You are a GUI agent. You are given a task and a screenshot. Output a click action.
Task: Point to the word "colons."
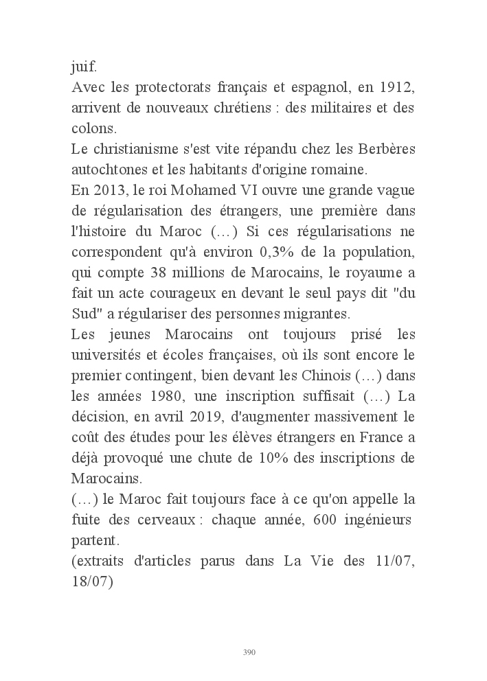pyautogui.click(x=94, y=129)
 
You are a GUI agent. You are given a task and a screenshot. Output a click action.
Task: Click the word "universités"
pyautogui.click(x=109, y=355)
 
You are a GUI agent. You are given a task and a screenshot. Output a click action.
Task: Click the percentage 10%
pyautogui.click(x=282, y=458)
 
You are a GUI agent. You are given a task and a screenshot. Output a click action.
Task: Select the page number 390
pyautogui.click(x=249, y=652)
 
